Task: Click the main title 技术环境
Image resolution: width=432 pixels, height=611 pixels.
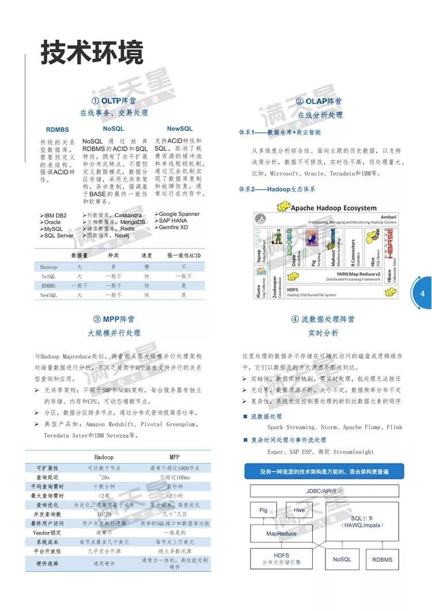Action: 92,54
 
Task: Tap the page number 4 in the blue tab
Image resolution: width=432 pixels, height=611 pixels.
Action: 423,294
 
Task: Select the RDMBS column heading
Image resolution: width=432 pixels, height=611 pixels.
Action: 58,130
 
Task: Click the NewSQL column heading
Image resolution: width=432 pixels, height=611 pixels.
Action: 180,128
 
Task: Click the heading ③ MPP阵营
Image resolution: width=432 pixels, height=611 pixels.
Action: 114,319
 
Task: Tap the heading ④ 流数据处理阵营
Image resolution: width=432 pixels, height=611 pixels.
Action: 323,319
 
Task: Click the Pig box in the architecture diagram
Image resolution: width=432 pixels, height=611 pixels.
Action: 264,510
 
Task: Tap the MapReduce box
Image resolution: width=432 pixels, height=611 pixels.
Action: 282,534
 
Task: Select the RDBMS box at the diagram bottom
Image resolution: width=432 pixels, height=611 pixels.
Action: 382,559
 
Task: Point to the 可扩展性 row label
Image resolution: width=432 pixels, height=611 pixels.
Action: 47,468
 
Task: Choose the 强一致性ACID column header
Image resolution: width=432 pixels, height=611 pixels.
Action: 184,255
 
